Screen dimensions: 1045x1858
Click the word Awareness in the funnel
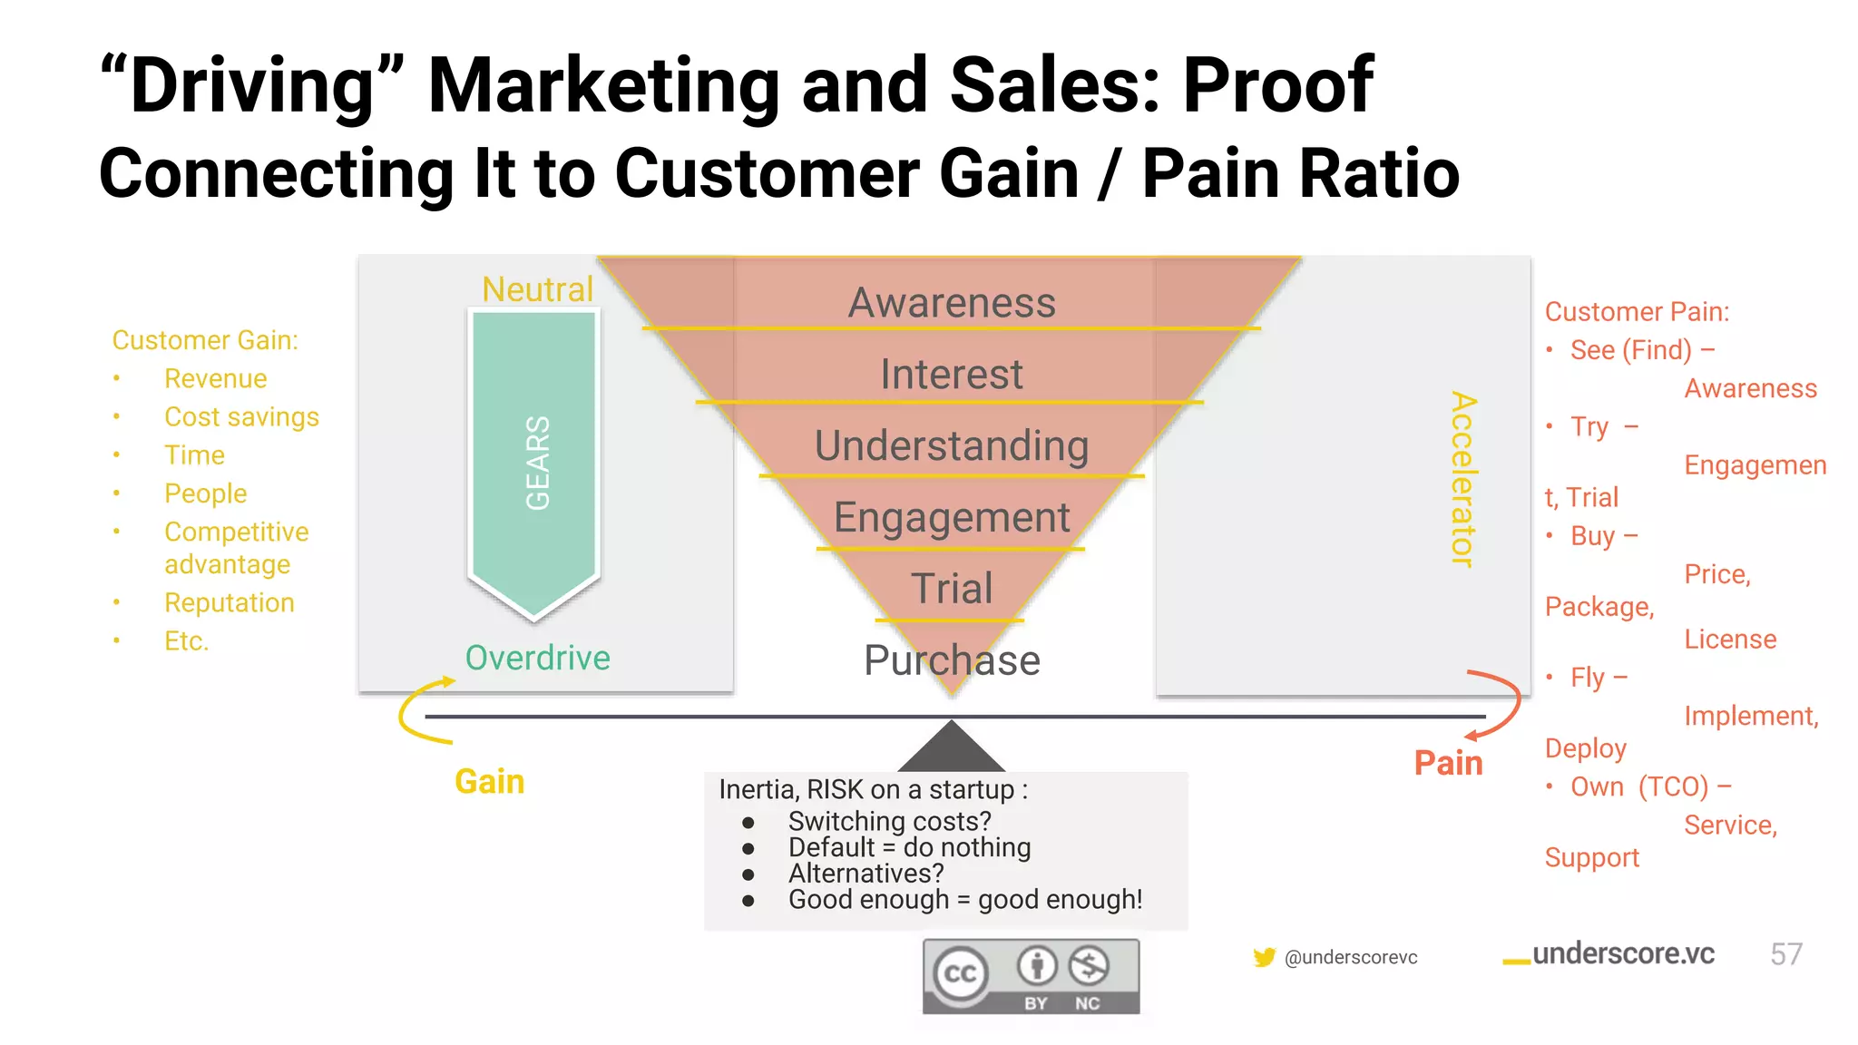click(x=952, y=303)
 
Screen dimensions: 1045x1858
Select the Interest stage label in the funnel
click(x=952, y=375)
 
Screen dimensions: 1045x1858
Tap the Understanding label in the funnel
click(x=952, y=446)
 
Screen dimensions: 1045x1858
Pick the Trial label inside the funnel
click(x=952, y=589)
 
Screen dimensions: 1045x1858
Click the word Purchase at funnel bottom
click(x=952, y=660)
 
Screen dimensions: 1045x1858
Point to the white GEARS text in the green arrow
click(x=537, y=463)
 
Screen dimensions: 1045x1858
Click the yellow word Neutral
click(x=537, y=289)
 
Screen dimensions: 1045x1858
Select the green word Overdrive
click(x=537, y=658)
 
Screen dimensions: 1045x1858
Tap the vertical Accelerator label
click(x=1462, y=479)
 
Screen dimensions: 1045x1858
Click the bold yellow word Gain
click(x=489, y=782)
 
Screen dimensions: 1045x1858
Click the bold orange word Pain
click(x=1448, y=763)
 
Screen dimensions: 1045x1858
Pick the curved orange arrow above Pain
click(x=1501, y=703)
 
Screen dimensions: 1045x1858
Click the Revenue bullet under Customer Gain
click(x=215, y=378)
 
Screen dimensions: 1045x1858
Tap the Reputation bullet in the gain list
click(x=229, y=602)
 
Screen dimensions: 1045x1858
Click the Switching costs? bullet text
click(x=889, y=821)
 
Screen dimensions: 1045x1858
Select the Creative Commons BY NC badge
click(x=1031, y=976)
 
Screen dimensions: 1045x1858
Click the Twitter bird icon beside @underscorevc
click(x=1264, y=957)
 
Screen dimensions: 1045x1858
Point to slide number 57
click(x=1785, y=954)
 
